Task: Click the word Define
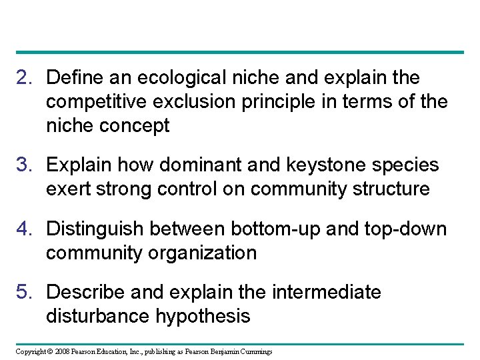click(x=75, y=78)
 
